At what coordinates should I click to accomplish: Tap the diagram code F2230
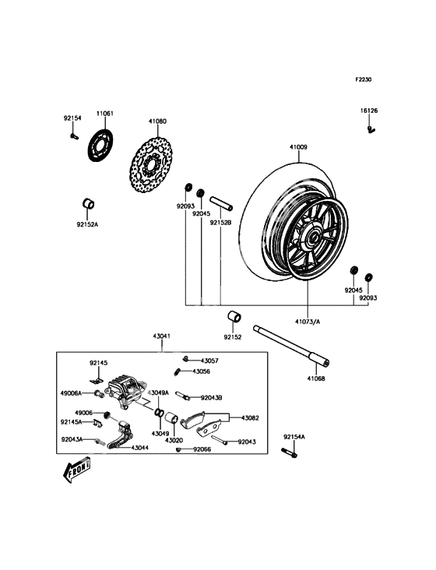[363, 79]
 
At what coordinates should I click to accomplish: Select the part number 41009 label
[298, 147]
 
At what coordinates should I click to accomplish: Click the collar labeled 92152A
[89, 203]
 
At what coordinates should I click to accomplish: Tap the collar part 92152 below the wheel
[234, 316]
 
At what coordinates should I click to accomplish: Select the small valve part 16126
[371, 129]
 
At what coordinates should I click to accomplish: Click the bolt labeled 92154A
[289, 452]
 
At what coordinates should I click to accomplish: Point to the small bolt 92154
[74, 136]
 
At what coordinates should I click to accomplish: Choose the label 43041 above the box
[161, 336]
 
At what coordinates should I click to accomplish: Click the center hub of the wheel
[311, 238]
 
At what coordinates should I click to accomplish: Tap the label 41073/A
[308, 322]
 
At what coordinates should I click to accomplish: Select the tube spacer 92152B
[221, 203]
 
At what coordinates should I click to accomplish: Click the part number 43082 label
[251, 418]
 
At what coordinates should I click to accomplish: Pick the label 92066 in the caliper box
[202, 449]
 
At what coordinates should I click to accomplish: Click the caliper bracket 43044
[120, 435]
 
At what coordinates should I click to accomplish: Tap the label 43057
[209, 361]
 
